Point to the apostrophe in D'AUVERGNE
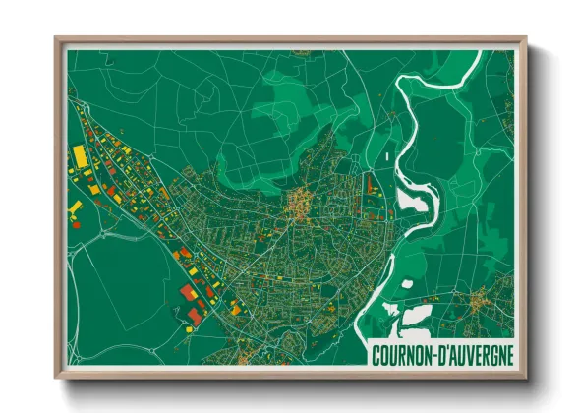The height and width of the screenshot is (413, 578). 446,349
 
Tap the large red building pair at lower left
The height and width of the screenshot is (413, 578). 190,302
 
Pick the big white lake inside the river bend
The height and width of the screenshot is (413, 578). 414,201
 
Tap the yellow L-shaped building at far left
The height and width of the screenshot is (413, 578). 74,209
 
